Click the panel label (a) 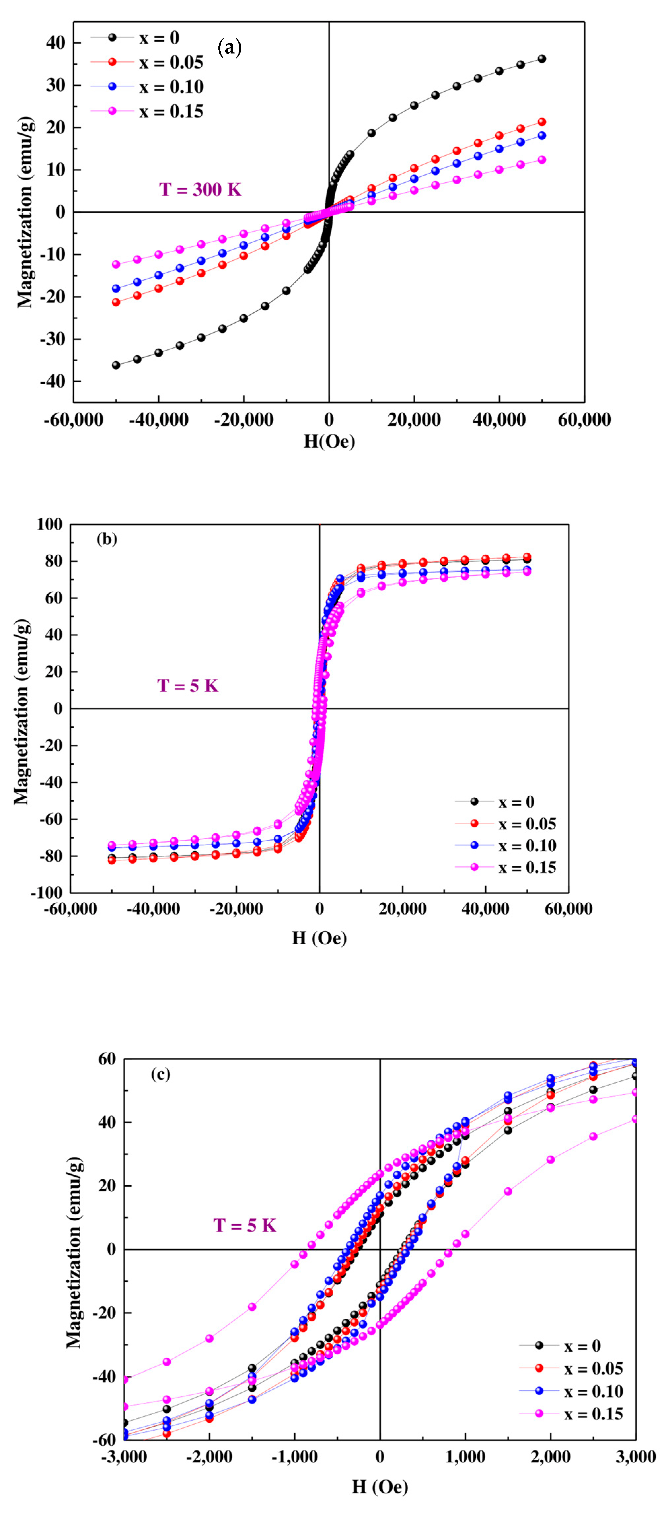pyautogui.click(x=230, y=48)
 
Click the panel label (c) pyautogui.click(x=161, y=1074)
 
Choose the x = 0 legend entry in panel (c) pyautogui.click(x=582, y=1346)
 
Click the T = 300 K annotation pyautogui.click(x=200, y=190)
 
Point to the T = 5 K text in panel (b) pyautogui.click(x=188, y=686)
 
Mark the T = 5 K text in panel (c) pyautogui.click(x=245, y=1225)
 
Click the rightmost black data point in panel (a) pyautogui.click(x=541, y=59)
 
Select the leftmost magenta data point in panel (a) pyautogui.click(x=116, y=264)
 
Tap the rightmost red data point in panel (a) pyautogui.click(x=541, y=122)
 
